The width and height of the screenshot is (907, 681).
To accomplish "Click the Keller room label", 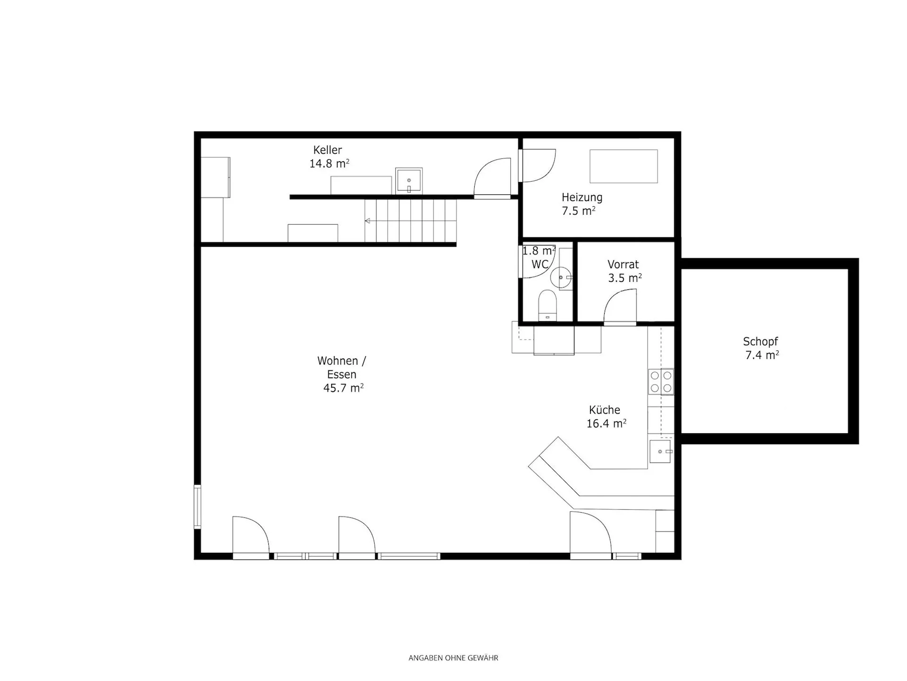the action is [x=327, y=150].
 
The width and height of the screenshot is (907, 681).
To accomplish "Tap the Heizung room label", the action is [x=582, y=197].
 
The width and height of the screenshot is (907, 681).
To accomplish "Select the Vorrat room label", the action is [x=623, y=264].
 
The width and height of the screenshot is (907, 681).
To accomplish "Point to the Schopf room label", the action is [x=760, y=341].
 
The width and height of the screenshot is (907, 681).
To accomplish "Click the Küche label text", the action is [x=604, y=410].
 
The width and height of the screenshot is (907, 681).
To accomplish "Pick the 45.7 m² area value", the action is [x=343, y=388].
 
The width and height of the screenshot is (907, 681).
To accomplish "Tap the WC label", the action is [x=540, y=264].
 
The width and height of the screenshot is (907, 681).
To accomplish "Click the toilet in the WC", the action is [x=548, y=306].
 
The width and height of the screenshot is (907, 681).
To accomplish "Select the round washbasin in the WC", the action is [x=561, y=277].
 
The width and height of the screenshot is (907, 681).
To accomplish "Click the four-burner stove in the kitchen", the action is [x=661, y=382].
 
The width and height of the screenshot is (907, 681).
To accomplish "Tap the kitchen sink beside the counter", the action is [x=660, y=452].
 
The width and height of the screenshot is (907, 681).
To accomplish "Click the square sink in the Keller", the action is [x=409, y=180].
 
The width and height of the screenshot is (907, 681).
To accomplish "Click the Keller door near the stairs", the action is [x=492, y=178].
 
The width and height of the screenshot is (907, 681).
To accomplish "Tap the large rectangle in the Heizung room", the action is [x=624, y=166].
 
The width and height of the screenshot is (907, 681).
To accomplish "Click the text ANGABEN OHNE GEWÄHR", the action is [x=453, y=658].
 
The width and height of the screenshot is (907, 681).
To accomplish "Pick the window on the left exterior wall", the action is [x=197, y=506].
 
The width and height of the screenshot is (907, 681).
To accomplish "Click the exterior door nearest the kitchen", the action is [x=591, y=535].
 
